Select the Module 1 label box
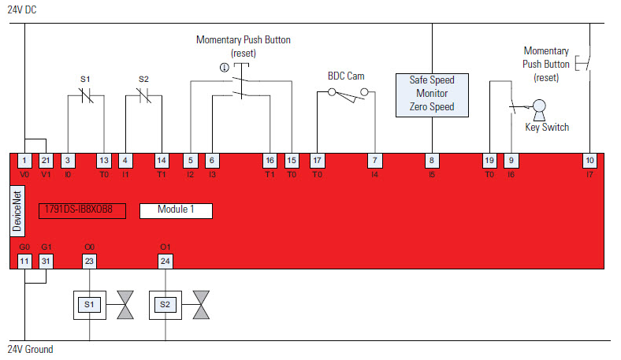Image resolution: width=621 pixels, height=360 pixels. click(x=176, y=210)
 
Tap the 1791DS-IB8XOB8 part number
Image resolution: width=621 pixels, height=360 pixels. click(x=82, y=210)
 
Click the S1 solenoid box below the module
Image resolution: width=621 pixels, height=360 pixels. click(x=89, y=303)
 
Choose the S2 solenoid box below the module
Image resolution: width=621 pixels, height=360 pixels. click(x=165, y=303)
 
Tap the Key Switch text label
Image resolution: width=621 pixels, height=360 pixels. click(x=546, y=127)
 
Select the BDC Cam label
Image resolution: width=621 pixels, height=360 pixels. click(x=346, y=76)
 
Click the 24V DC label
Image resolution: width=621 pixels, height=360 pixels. click(x=22, y=9)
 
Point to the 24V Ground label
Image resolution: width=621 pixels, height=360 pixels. click(x=30, y=349)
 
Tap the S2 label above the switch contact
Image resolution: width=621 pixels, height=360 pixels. click(x=143, y=79)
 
